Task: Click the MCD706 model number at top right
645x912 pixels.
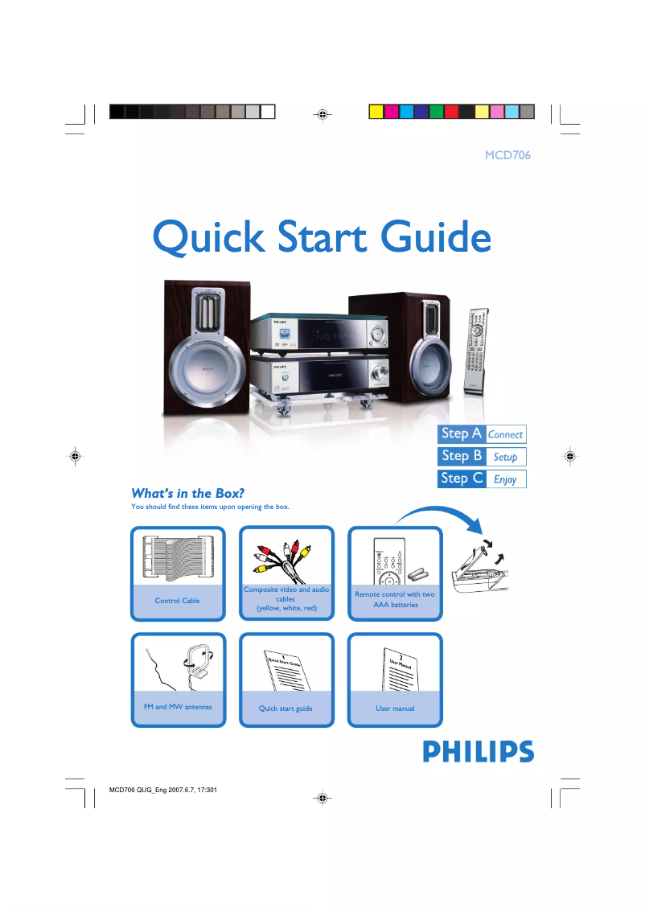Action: [507, 154]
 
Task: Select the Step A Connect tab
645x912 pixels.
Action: [482, 434]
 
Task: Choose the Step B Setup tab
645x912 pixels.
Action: [482, 456]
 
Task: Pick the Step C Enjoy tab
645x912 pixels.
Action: [482, 479]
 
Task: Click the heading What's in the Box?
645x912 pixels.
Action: [187, 493]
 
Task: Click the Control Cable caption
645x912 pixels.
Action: [177, 601]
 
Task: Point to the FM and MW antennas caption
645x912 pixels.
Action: [177, 707]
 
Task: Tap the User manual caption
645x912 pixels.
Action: [395, 709]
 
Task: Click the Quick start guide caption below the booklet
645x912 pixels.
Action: [286, 709]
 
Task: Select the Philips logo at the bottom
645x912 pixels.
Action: [478, 752]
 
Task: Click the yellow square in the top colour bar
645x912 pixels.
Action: [376, 111]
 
